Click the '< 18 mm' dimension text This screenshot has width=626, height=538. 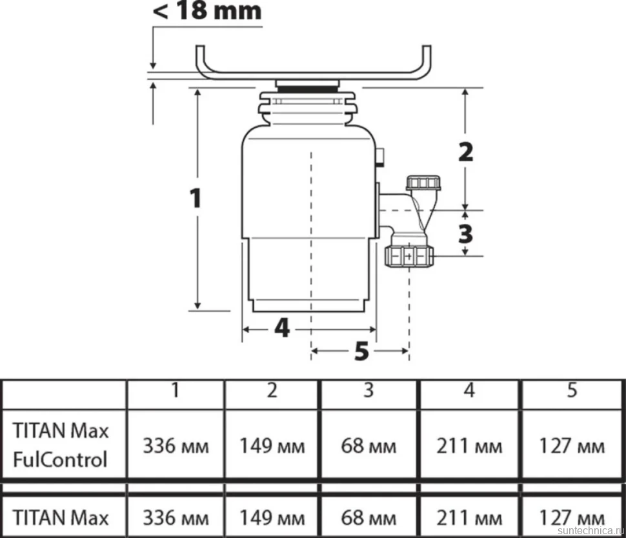[x=207, y=11]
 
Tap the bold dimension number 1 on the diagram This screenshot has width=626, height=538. [x=196, y=198]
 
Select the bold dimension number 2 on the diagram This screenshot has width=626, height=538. [x=465, y=152]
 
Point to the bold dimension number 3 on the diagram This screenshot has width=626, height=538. [x=465, y=234]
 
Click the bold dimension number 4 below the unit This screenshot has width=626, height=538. [x=282, y=329]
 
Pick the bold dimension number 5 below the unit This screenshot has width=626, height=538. [x=361, y=351]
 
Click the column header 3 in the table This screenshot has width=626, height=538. [x=369, y=390]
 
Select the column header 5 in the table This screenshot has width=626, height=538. [x=572, y=390]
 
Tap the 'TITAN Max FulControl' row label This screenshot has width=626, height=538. [x=60, y=445]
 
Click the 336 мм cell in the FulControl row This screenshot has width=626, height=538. [x=176, y=446]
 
